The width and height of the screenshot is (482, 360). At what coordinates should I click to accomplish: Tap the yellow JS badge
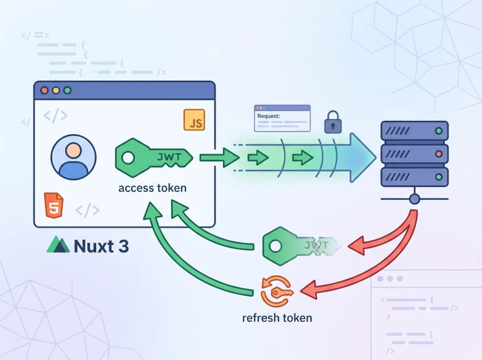pyautogui.click(x=194, y=119)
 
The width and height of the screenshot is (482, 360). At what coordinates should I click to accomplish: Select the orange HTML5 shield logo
pyautogui.click(x=54, y=205)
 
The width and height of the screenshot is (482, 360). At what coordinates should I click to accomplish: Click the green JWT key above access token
pyautogui.click(x=154, y=158)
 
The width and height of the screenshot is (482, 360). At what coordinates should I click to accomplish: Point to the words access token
pyautogui.click(x=152, y=188)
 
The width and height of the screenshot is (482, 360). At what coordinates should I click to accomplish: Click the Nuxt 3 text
pyautogui.click(x=101, y=246)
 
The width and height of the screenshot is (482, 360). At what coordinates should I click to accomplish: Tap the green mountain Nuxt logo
pyautogui.click(x=58, y=246)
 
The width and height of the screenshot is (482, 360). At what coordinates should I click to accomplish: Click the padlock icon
pyautogui.click(x=332, y=122)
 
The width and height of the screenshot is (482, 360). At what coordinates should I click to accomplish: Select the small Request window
pyautogui.click(x=282, y=118)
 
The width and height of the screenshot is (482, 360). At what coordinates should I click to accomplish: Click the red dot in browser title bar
pyautogui.click(x=44, y=91)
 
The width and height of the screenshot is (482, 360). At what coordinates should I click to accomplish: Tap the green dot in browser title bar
pyautogui.click(x=67, y=91)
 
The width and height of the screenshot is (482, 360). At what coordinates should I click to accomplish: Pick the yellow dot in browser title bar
pyautogui.click(x=56, y=91)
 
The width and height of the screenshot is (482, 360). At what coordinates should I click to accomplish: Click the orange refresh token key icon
pyautogui.click(x=276, y=292)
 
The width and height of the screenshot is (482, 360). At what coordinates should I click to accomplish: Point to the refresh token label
pyautogui.click(x=277, y=318)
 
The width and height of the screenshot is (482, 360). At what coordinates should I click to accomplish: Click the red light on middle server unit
pyautogui.click(x=439, y=153)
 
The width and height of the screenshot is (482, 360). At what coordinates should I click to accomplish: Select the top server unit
pyautogui.click(x=414, y=131)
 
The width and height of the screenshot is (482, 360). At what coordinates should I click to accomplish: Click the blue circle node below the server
pyautogui.click(x=414, y=199)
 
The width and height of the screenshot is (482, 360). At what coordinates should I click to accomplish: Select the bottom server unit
pyautogui.click(x=414, y=177)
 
